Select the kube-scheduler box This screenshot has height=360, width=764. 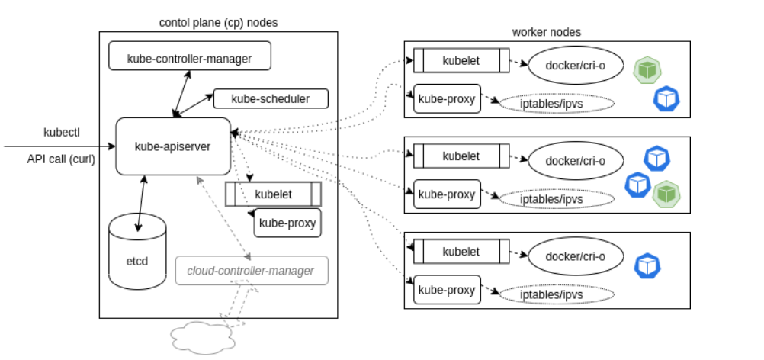point(271,98)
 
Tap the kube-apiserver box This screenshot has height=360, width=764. point(172,146)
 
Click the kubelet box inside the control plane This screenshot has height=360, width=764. point(273,194)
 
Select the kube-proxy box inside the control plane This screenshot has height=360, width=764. point(287,223)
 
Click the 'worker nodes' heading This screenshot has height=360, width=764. point(546,31)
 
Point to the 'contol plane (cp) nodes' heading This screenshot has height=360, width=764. point(218,22)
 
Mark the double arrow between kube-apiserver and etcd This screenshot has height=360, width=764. point(140,202)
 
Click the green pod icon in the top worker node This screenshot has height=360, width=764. point(647,70)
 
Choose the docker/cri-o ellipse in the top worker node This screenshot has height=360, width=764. point(575,65)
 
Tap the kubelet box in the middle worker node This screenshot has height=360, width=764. point(461,156)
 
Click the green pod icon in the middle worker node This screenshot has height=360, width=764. point(668,194)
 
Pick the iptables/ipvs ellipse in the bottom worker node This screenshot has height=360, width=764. point(557,294)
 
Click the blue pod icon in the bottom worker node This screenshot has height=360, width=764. point(647,265)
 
